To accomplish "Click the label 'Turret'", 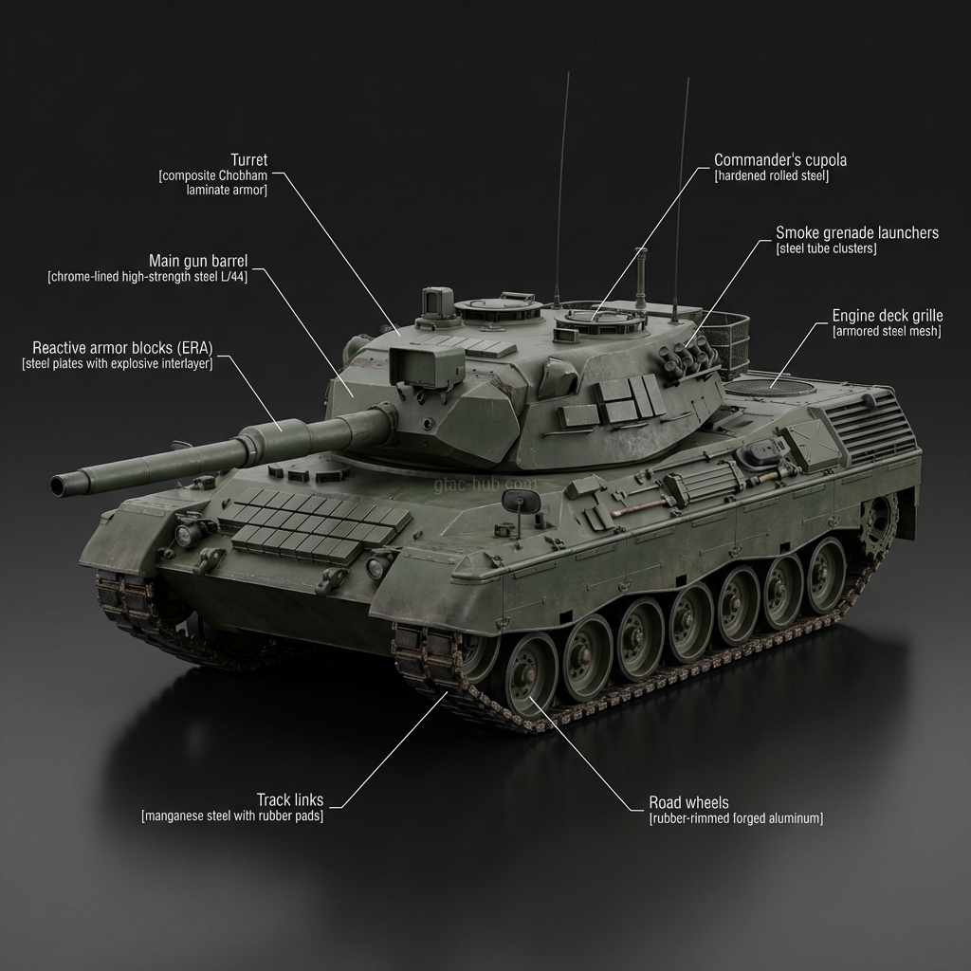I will pos(249,159).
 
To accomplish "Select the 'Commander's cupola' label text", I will pos(779,159).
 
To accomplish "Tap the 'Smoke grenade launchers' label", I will pos(857,232).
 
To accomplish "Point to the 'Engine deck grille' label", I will pos(888,316).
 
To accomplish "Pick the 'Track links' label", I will pos(289,799).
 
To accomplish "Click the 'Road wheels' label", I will pos(688,802).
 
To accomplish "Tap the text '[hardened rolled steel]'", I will pos(771,175).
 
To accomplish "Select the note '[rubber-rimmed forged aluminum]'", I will pos(736,818).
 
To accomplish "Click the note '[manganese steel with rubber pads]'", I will pos(232,815).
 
